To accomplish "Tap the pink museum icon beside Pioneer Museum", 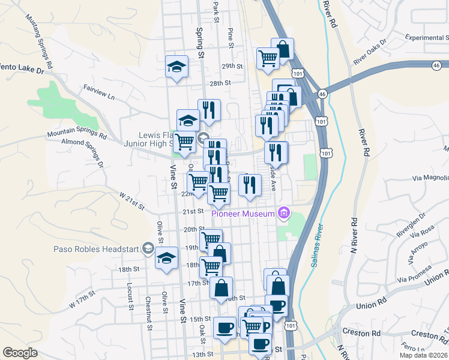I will [x=285, y=213].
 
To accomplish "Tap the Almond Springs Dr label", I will [x=82, y=152].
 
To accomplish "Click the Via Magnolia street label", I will [x=430, y=178].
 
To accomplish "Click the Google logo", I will [x=20, y=353].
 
